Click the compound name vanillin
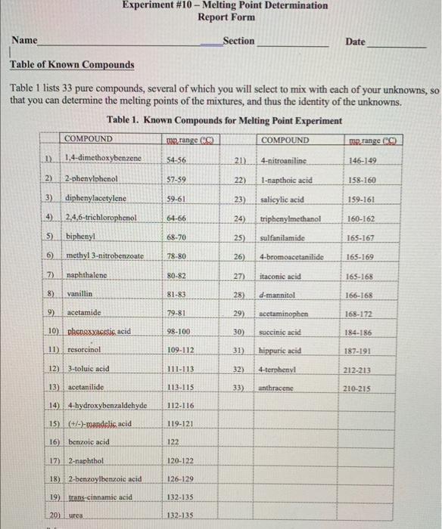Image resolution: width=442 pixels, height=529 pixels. pos(79,292)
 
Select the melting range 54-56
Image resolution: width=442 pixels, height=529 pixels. pos(176,161)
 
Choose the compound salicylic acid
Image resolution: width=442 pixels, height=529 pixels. pos(282,200)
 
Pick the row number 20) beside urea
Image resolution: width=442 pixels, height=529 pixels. pos(53,515)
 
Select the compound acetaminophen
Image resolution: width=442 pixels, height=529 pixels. pos(284,312)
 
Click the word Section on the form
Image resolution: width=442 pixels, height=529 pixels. pos(238,41)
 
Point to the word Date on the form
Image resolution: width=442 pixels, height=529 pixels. pos(355,42)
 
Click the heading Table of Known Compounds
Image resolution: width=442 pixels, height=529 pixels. pos(72,65)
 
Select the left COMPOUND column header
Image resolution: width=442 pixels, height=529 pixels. pos(89,140)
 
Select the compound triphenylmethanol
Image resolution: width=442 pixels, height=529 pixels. pos(291,218)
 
